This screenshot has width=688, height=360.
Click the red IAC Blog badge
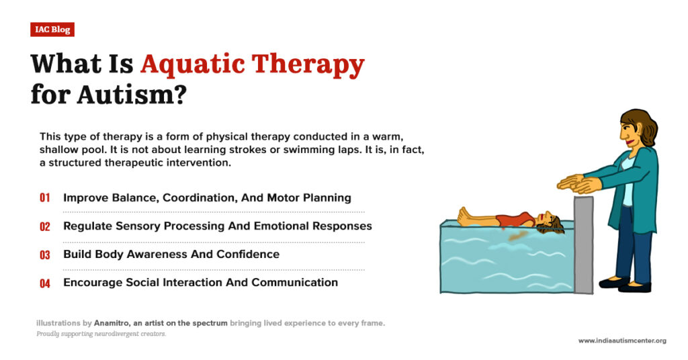52,30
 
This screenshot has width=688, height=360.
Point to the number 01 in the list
45,198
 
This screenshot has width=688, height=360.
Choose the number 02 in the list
45,226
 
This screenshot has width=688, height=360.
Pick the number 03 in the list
45,255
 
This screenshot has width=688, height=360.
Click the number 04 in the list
45,283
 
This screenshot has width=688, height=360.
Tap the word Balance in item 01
131,198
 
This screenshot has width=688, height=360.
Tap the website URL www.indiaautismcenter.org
622,341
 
